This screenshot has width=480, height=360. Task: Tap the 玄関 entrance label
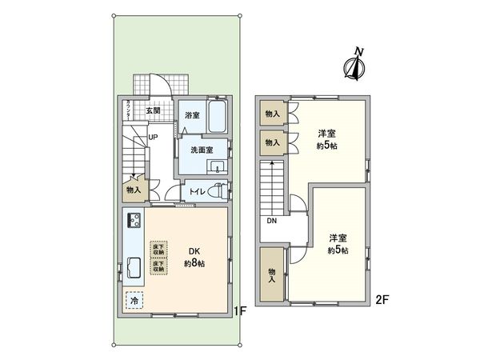(154, 110)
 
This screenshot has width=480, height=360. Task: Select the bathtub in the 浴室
(216, 118)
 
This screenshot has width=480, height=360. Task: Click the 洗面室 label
(201, 150)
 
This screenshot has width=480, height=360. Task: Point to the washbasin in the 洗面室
(217, 166)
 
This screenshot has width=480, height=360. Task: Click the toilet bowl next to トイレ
(220, 192)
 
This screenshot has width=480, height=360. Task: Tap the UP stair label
(151, 137)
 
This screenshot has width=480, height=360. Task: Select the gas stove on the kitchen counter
(132, 221)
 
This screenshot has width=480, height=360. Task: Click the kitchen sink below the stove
(132, 268)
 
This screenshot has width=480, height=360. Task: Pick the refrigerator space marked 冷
(134, 301)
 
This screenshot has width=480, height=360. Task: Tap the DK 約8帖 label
(194, 256)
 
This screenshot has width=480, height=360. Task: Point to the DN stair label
(271, 222)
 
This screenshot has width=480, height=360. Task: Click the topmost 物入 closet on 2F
(273, 114)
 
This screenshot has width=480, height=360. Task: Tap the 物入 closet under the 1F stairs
(134, 190)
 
